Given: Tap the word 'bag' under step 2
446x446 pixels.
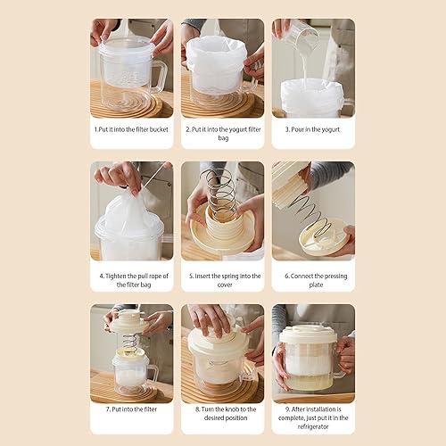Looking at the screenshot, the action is click(x=223, y=138).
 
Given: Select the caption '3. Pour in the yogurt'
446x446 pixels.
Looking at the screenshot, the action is click(x=312, y=129).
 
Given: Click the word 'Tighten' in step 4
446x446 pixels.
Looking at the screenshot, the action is click(x=116, y=277).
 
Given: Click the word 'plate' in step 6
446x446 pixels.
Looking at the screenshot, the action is click(x=316, y=285).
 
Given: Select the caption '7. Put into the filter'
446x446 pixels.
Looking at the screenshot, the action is click(x=131, y=409).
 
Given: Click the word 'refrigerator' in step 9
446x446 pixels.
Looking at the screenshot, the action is click(x=313, y=426).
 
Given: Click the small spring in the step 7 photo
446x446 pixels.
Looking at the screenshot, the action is click(x=130, y=342).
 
